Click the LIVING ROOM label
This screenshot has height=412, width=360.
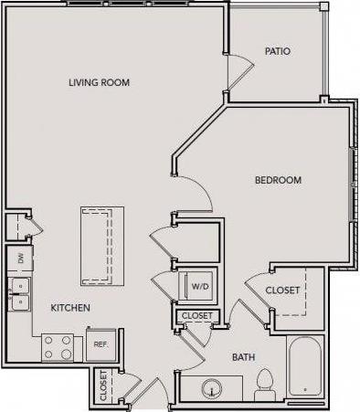[99, 83]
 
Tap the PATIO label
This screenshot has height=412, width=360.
[277, 51]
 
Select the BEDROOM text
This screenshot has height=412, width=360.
[278, 180]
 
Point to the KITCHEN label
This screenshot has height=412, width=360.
[69, 308]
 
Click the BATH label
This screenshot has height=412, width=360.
[242, 357]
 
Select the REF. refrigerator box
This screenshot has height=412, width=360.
[101, 344]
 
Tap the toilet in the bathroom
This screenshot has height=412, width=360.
[266, 384]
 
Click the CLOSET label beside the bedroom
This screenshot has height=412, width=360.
[283, 291]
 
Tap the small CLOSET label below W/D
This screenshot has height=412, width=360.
[196, 316]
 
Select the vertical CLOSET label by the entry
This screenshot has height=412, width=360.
[102, 384]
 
